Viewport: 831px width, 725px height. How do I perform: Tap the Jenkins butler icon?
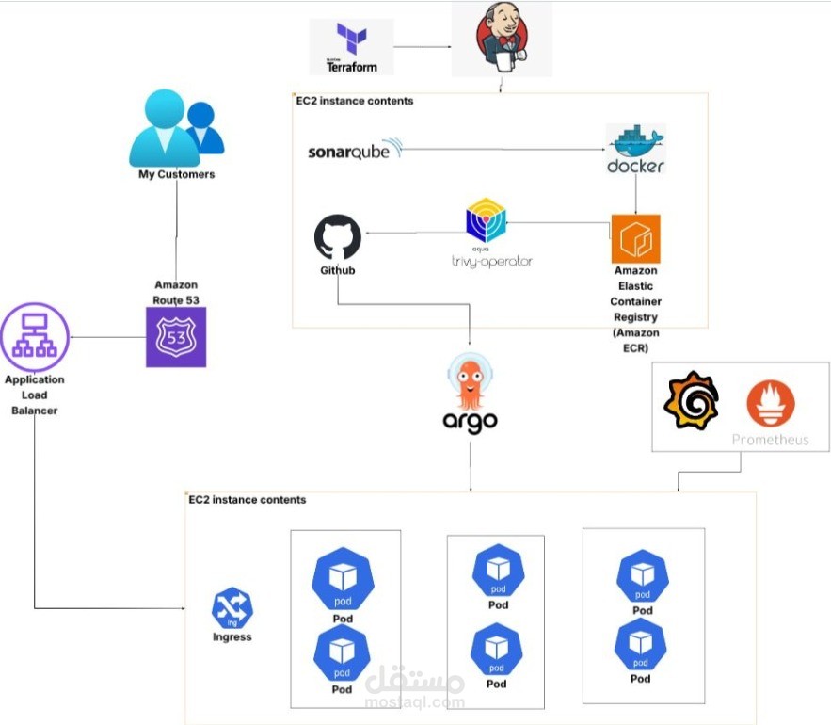501,39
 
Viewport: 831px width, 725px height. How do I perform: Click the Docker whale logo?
636,148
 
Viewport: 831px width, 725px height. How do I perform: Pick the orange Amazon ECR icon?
635,238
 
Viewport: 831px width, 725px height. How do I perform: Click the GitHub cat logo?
337,238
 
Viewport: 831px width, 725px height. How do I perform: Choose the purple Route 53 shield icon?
176,336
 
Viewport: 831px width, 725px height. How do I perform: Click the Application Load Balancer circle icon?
33,337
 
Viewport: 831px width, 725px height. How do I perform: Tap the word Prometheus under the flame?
770,440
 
